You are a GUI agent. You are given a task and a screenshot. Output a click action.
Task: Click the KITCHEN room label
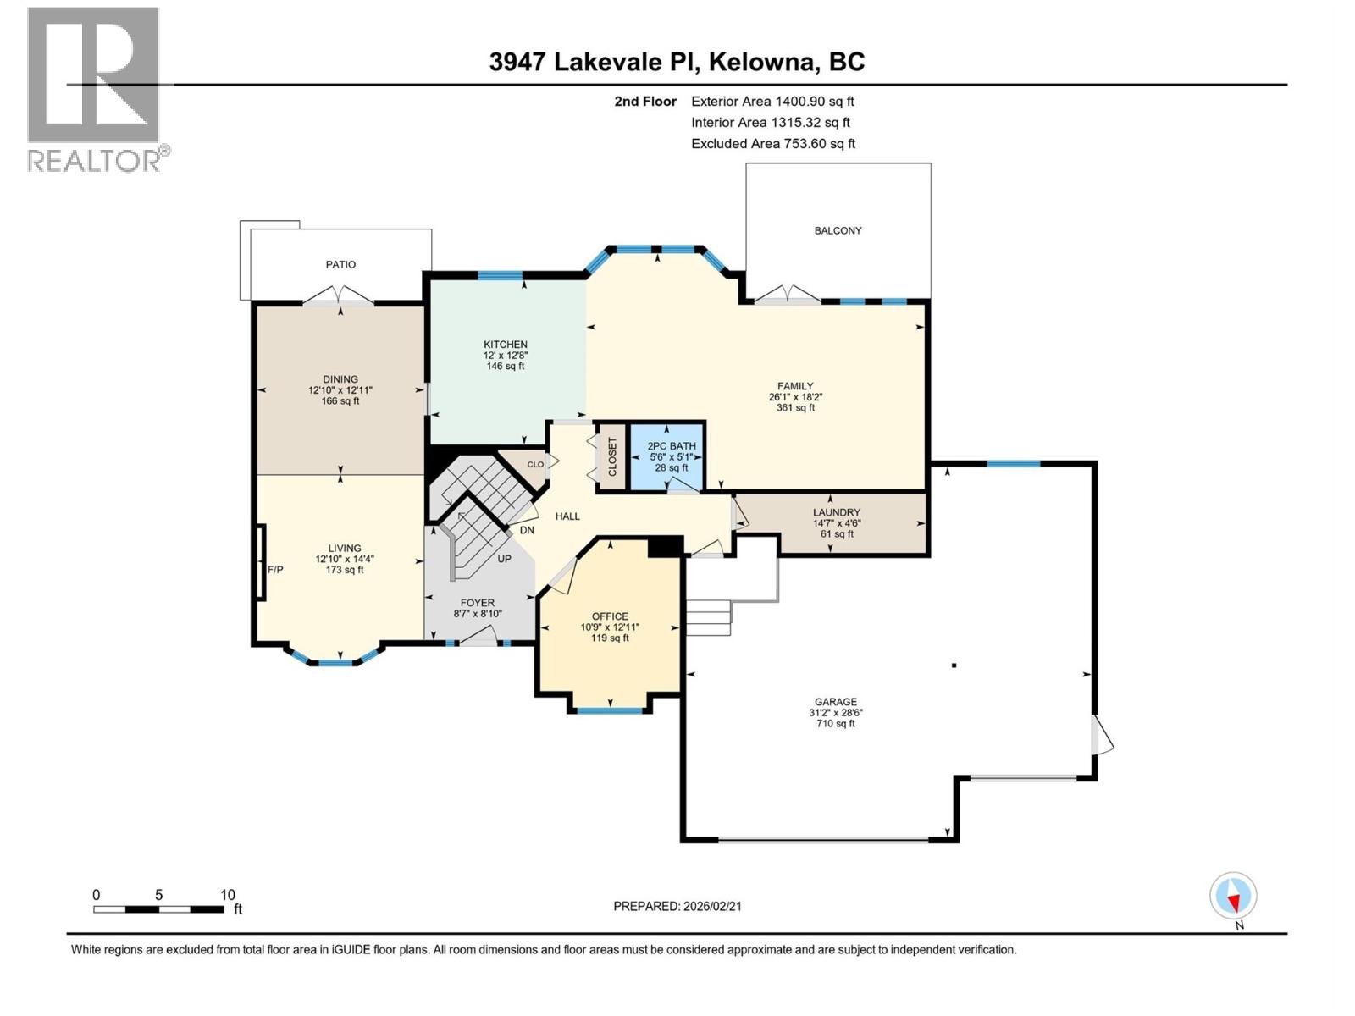[506, 345]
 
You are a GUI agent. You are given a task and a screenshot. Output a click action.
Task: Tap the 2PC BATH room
[671, 457]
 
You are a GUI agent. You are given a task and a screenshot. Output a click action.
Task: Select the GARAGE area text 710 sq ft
[835, 724]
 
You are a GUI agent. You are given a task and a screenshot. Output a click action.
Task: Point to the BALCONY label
[838, 230]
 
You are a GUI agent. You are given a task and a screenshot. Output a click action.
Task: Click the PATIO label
[340, 264]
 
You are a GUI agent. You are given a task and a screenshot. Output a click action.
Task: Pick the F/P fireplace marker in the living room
[275, 570]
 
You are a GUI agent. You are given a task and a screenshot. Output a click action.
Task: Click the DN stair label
[527, 531]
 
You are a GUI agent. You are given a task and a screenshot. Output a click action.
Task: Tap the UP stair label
[504, 559]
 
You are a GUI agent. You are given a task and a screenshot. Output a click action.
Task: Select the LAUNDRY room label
[836, 512]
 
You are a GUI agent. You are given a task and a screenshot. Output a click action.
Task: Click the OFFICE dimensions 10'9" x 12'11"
[610, 627]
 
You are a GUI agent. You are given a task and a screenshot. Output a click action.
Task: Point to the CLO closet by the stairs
[535, 464]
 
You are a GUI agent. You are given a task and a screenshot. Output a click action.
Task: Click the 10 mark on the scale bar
[227, 895]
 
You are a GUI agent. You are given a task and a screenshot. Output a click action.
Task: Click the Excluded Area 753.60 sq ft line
[772, 144]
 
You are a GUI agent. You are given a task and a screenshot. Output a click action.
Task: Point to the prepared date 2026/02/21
[711, 906]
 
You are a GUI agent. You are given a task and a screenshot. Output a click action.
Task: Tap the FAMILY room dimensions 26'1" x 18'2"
[795, 396]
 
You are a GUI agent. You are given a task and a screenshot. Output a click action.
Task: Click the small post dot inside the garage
[954, 665]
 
